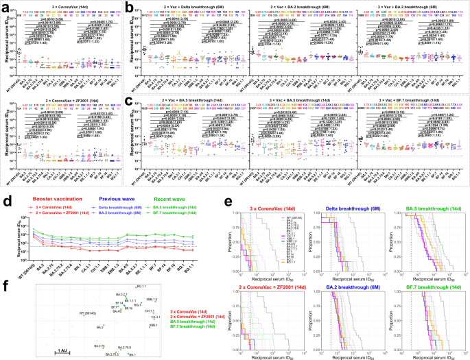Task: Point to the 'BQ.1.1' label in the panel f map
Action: click(142, 286)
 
